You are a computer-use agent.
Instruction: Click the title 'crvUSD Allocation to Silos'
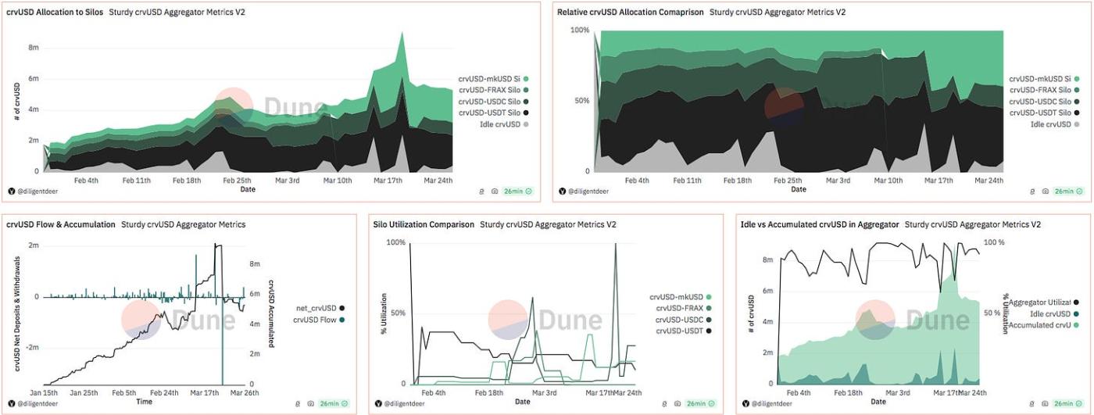coord(55,12)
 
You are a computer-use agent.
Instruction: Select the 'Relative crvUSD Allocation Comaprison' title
coord(630,12)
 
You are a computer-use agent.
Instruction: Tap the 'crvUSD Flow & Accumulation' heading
coord(61,224)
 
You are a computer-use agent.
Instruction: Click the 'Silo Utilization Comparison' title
coord(424,224)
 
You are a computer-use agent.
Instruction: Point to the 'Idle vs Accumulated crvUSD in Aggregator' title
coord(820,224)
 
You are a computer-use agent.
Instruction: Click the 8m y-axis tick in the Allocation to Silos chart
coord(34,48)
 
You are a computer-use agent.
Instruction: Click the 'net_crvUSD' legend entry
coord(316,308)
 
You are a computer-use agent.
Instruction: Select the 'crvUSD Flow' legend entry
coord(316,319)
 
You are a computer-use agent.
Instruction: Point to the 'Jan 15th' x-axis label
coord(44,392)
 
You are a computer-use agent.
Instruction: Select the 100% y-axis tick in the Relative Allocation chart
coord(579,30)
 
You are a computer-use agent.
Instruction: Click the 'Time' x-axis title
coord(144,402)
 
